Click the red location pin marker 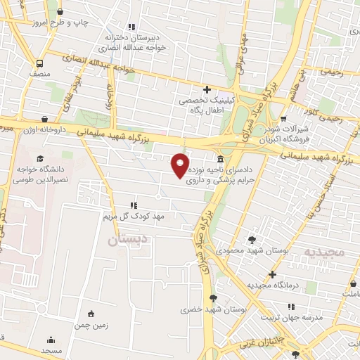pos(181,165)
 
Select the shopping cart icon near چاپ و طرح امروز pos(59,13)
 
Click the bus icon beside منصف pos(39,62)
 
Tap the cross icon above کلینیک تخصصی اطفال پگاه pos(206,89)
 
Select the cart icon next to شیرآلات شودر pos(283,119)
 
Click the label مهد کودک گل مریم pos(137,217)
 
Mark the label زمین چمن pos(91,326)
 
